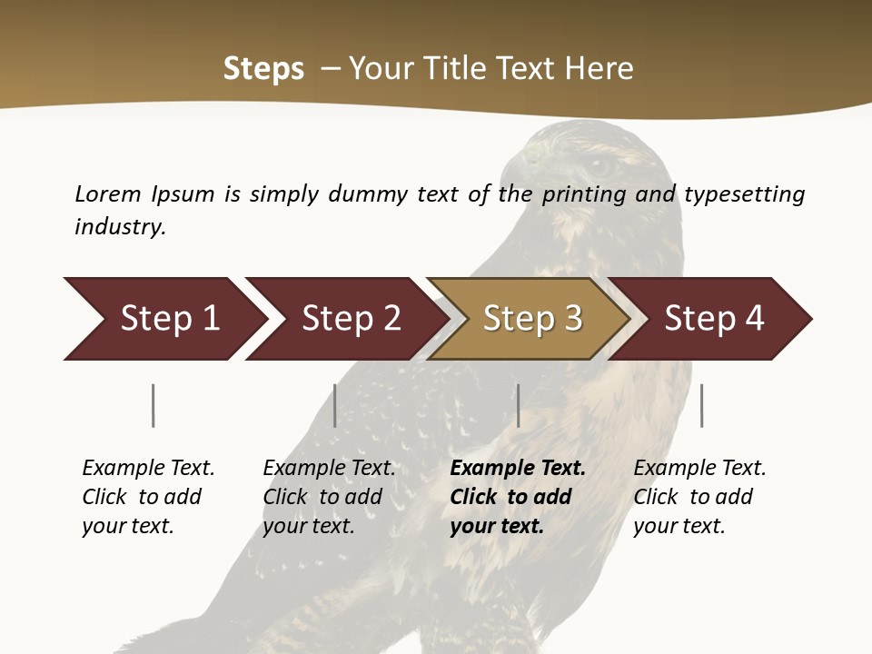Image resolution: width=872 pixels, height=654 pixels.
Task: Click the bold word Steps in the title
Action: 263,69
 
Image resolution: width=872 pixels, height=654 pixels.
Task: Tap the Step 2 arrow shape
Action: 351,319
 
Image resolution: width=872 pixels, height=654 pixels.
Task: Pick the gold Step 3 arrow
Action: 531,319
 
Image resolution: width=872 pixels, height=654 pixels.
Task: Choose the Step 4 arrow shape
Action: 714,319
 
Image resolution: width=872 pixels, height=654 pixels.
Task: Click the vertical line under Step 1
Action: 154,405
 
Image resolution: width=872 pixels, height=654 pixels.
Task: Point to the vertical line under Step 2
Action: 335,405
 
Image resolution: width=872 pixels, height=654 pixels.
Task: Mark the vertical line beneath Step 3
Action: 518,405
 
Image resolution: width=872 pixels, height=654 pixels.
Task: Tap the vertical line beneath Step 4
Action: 701,405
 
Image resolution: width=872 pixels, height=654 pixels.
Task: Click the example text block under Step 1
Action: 148,497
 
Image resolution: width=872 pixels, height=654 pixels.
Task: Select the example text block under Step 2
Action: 329,497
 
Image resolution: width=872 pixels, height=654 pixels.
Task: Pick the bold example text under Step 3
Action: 518,497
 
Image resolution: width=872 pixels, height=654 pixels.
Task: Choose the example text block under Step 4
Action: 699,497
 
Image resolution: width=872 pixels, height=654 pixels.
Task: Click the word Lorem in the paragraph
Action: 108,193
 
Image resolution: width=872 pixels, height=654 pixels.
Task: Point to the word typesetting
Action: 744,194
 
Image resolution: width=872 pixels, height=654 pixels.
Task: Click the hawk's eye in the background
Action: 599,165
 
